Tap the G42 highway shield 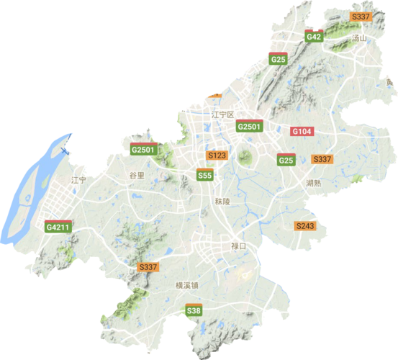tap(313, 37)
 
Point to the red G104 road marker tap(301, 132)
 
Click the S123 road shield tap(217, 156)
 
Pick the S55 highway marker tap(205, 175)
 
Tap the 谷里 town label tap(136, 175)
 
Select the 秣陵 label tap(222, 202)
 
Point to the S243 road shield tap(305, 226)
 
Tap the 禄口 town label tap(238, 246)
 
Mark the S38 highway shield tap(193, 310)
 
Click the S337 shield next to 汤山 tap(359, 16)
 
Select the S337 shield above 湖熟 tap(322, 158)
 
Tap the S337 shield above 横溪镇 tap(147, 267)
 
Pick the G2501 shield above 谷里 tap(143, 150)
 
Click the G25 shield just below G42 tap(279, 59)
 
